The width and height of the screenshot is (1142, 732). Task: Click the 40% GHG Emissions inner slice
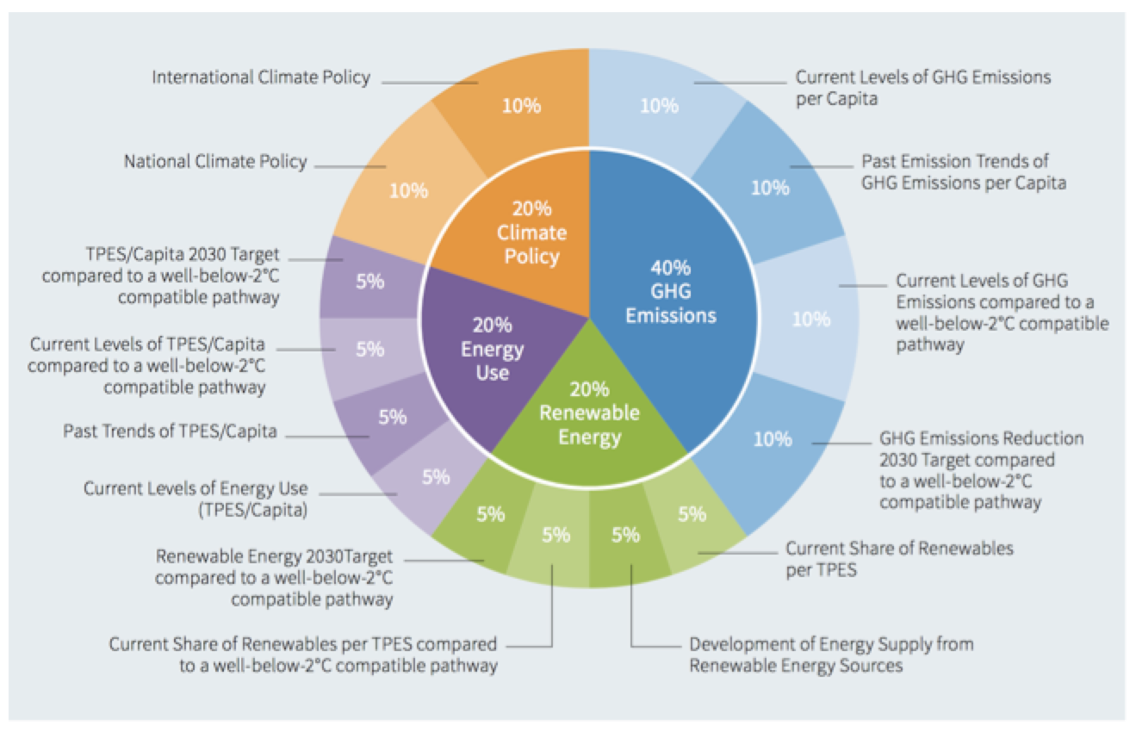[x=670, y=293]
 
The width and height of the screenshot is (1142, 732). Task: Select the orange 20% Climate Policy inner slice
[x=531, y=233]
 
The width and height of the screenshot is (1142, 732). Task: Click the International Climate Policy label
[x=261, y=78]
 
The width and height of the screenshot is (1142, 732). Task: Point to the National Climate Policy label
[x=214, y=161]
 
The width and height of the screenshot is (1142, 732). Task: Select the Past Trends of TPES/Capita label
[x=170, y=431]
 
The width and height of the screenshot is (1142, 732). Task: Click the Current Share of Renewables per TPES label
[x=899, y=558]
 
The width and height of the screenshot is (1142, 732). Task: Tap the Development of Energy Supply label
[x=831, y=654]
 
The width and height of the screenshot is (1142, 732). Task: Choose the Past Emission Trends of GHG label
[x=963, y=171]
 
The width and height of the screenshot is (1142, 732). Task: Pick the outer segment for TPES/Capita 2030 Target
[x=368, y=282]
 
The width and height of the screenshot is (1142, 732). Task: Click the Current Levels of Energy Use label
[x=196, y=499]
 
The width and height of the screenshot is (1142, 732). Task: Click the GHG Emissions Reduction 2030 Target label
[x=980, y=470]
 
